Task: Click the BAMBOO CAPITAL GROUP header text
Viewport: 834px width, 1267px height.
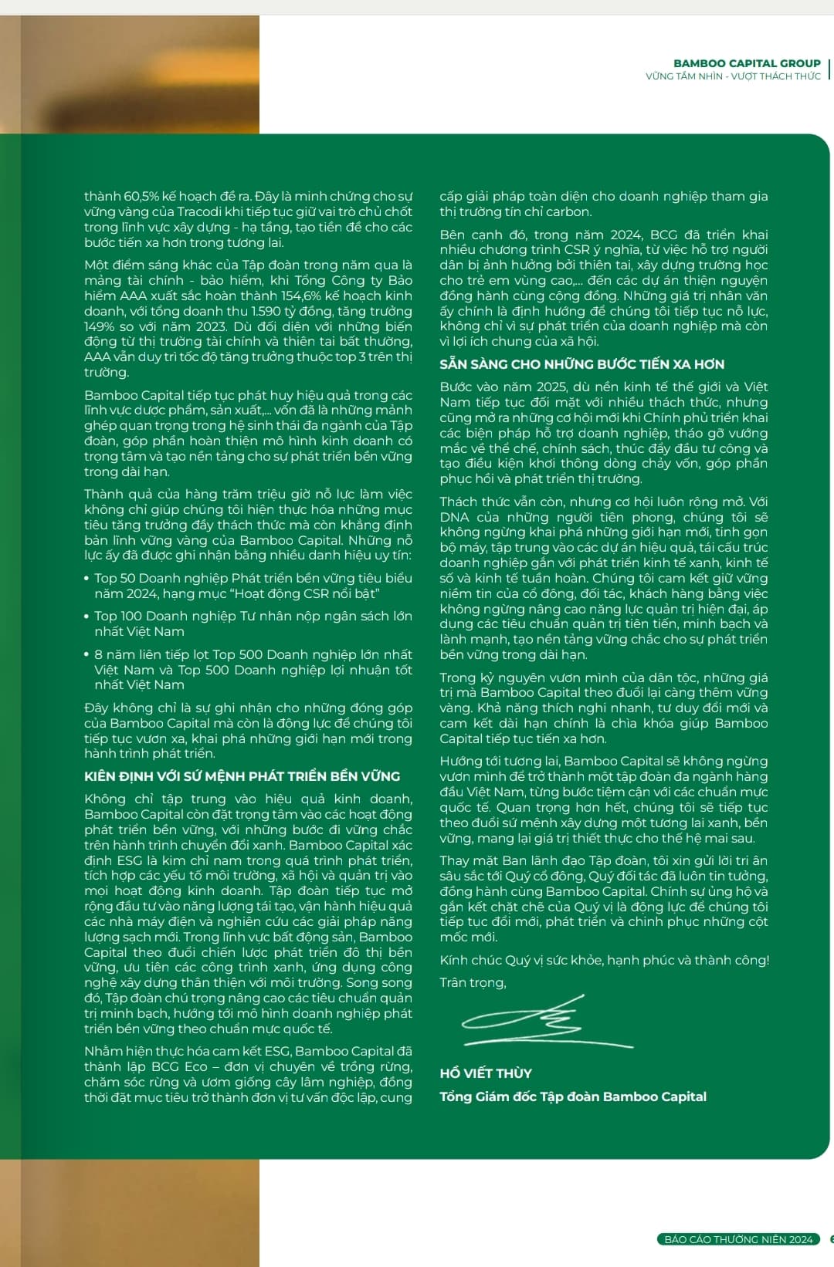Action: coord(746,63)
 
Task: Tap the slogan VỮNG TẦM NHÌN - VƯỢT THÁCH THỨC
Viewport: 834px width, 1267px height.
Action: coord(733,76)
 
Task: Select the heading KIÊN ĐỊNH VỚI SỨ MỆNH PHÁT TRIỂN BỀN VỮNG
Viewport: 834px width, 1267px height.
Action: coord(242,776)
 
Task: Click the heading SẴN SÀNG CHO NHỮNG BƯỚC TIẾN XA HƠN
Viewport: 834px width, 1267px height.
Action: coord(581,364)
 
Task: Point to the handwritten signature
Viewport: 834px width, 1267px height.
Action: coord(544,1023)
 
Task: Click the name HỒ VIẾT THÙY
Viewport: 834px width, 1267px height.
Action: coord(486,1073)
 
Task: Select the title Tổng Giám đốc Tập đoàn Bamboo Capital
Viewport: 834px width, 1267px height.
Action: coord(573,1096)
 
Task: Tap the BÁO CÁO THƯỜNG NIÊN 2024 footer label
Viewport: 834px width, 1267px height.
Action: coord(738,1239)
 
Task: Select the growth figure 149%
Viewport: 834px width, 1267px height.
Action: coord(100,326)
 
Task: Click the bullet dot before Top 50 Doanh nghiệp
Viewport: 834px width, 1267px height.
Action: coord(87,579)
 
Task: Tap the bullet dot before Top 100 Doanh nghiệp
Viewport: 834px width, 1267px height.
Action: coord(87,617)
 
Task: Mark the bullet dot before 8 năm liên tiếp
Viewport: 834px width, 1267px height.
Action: coord(87,655)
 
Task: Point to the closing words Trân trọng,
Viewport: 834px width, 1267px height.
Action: coord(473,983)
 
